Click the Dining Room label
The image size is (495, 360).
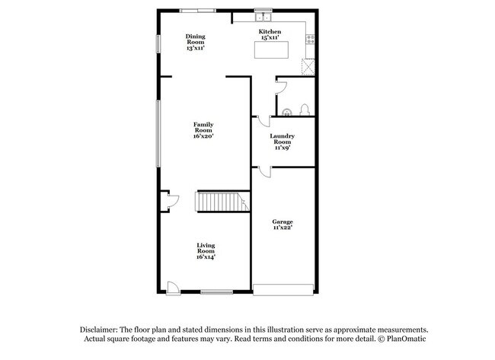tap(196, 42)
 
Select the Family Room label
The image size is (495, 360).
tap(203, 130)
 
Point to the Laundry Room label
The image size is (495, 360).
tap(282, 142)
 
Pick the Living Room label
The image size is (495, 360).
tap(206, 251)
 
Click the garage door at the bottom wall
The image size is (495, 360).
tap(283, 289)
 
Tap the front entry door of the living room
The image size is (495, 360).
tap(173, 288)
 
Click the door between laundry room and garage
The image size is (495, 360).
tap(263, 171)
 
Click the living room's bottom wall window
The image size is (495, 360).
tap(216, 292)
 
